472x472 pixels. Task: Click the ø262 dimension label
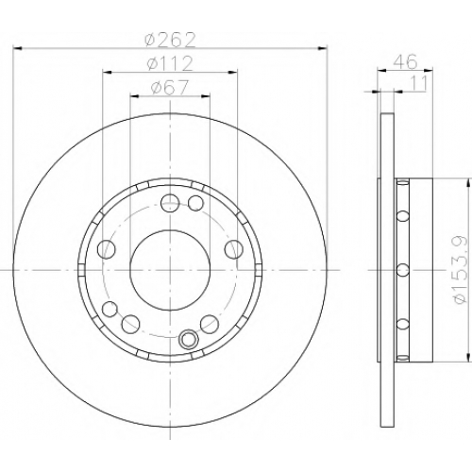tap(170, 40)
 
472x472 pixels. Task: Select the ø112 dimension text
tap(170, 64)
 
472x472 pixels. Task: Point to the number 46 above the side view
tap(406, 61)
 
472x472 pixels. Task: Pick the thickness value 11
tap(419, 83)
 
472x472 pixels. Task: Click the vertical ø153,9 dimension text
tap(461, 269)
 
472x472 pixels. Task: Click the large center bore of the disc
tap(170, 270)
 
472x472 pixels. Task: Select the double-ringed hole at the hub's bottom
tap(188, 339)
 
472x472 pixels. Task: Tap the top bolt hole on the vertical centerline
tap(170, 203)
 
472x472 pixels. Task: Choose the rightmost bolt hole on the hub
tap(234, 249)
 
